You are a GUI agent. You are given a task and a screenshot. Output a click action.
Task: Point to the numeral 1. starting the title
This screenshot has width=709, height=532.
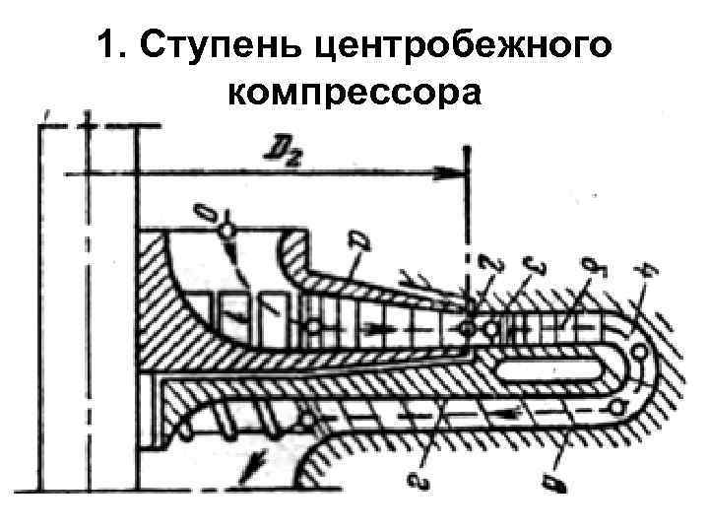(x=111, y=45)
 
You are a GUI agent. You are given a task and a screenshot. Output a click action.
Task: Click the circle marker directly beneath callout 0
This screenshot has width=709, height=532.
(x=226, y=230)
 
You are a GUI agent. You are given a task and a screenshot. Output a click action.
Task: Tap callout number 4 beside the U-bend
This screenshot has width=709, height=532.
(x=647, y=266)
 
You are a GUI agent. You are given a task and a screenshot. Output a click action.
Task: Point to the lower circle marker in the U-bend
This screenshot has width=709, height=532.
(x=618, y=406)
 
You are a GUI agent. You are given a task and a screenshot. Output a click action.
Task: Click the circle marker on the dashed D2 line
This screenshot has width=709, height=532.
(x=468, y=325)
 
